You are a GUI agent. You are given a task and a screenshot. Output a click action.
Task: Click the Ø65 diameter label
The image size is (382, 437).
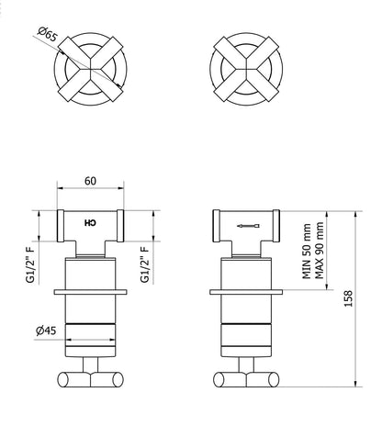click(x=48, y=34)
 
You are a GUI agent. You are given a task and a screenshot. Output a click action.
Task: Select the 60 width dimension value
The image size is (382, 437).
click(x=90, y=181)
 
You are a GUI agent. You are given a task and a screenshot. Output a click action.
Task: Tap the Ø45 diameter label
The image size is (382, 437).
click(x=46, y=331)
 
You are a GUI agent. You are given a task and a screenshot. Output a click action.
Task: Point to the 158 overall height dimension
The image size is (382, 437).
click(x=348, y=298)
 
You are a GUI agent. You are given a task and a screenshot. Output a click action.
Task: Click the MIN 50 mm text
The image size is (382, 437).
click(x=307, y=252)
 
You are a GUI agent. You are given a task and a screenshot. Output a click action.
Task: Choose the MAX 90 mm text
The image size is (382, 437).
click(x=319, y=251)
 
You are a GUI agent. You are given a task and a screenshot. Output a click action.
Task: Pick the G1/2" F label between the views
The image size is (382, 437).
click(x=144, y=264)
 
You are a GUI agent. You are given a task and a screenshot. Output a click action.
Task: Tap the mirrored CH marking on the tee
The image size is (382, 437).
click(x=90, y=223)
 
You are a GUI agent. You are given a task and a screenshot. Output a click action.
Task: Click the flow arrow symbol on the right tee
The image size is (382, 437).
click(x=249, y=226)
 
